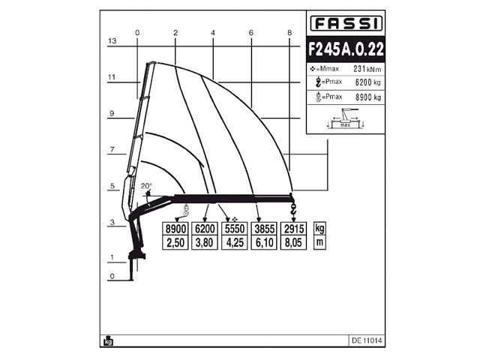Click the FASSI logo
[346, 22]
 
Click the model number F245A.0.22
[346, 48]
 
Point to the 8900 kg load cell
[176, 229]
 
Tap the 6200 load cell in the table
[205, 229]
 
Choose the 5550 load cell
[234, 229]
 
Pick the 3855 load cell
[262, 229]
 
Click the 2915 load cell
[292, 229]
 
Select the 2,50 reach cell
[176, 243]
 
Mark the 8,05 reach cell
[292, 243]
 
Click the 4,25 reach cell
[234, 243]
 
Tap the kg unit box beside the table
[320, 229]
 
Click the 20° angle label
[146, 186]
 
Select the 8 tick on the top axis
[289, 32]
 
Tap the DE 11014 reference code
[367, 340]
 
